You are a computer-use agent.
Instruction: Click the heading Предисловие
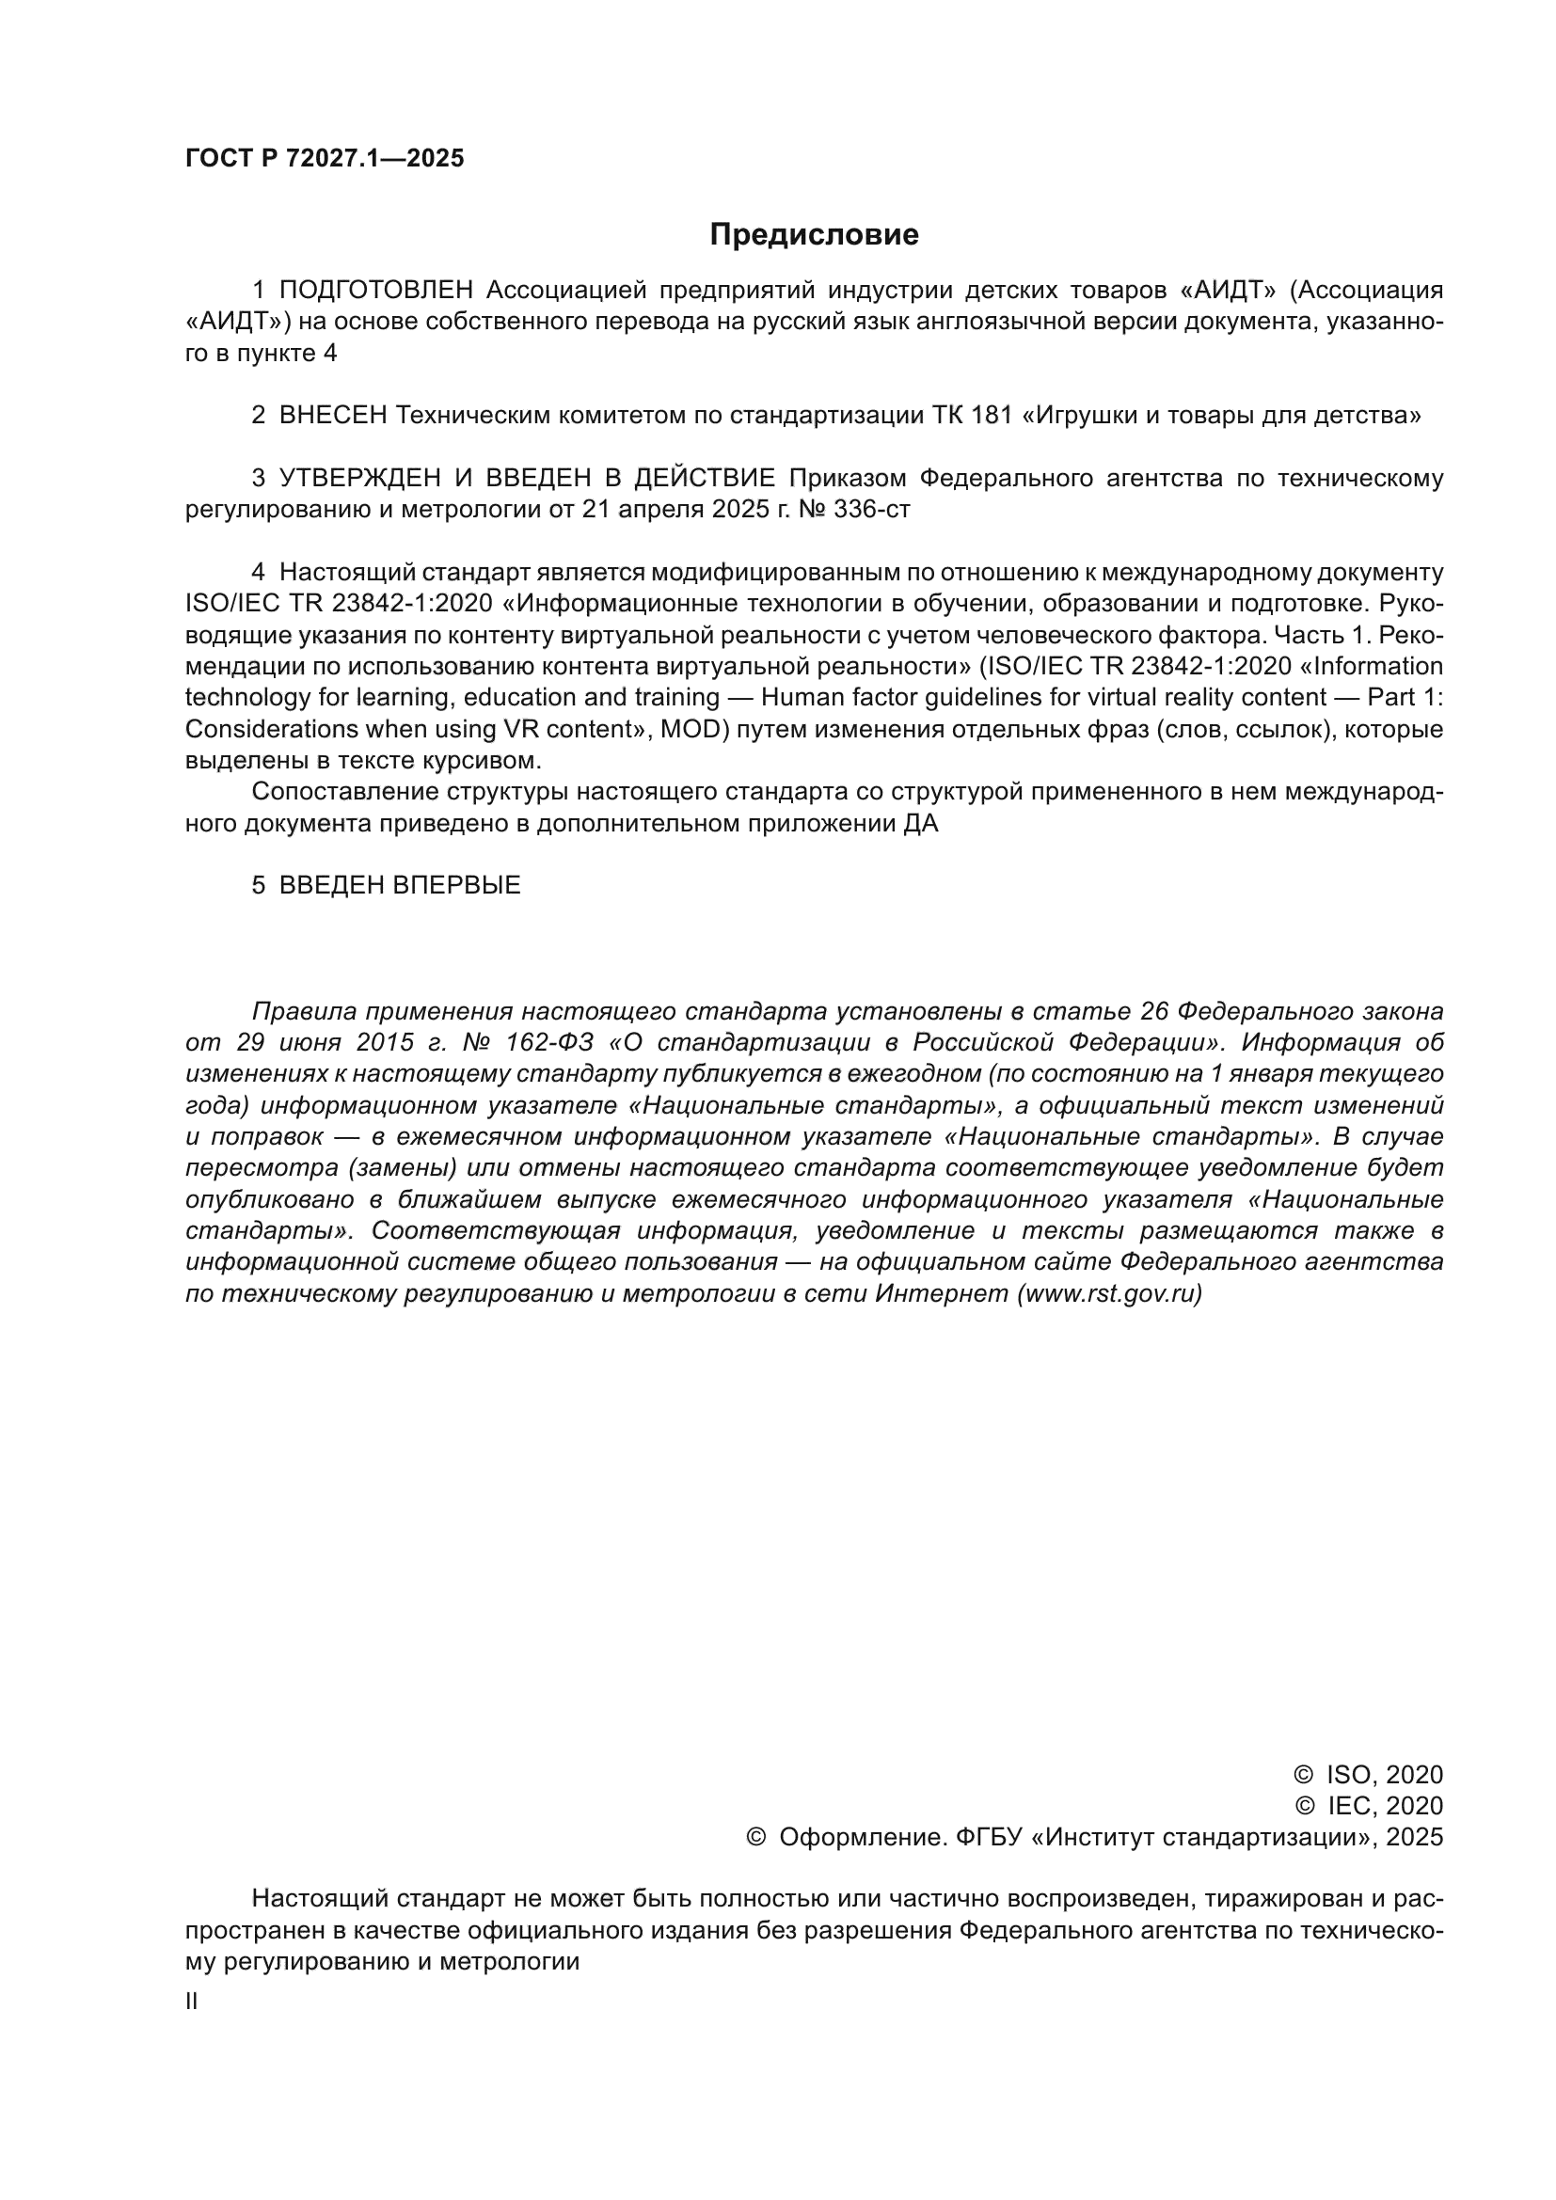(x=814, y=235)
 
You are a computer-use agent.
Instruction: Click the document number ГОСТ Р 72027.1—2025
(x=324, y=159)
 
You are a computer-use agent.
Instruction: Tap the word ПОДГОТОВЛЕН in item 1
(x=376, y=290)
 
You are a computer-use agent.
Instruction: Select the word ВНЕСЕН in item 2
(x=333, y=415)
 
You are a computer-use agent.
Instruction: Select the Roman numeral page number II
(x=192, y=2002)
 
